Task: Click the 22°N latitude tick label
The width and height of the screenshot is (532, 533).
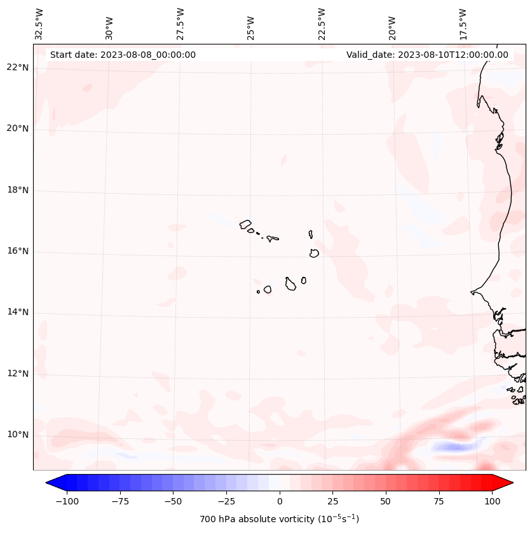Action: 17,67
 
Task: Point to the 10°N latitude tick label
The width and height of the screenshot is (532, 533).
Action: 17,435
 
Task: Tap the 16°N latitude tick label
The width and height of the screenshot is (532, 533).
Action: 17,251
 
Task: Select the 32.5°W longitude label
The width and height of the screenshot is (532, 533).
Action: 39,24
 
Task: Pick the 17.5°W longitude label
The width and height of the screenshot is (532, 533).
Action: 463,24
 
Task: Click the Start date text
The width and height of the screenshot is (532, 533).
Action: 123,55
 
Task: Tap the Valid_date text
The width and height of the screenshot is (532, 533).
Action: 427,55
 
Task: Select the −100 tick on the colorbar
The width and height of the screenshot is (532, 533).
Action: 65,501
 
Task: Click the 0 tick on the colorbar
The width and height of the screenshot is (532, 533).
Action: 280,501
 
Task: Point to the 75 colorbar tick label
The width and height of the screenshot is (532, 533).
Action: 439,501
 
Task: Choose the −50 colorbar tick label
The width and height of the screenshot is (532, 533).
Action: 172,501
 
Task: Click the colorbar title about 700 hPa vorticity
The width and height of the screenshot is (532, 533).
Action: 280,519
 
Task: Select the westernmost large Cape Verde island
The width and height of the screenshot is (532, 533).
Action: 245,224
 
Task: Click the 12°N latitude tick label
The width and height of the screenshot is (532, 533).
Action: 17,374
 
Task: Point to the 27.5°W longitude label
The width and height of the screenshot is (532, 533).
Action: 181,24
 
